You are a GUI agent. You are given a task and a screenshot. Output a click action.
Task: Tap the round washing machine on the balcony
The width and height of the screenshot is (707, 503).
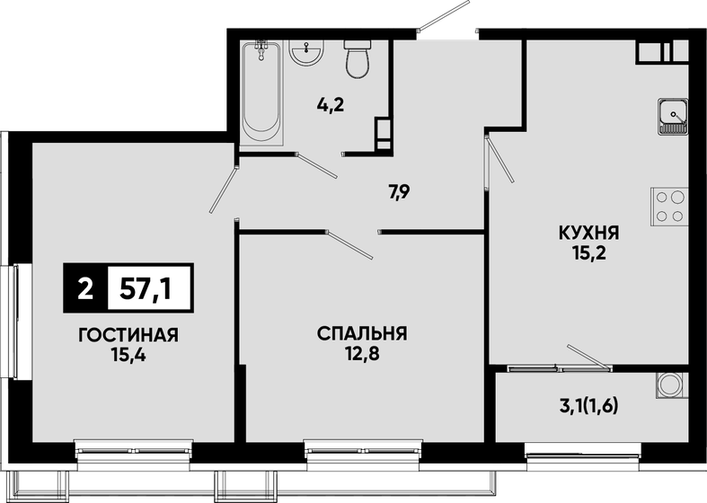click(668, 385)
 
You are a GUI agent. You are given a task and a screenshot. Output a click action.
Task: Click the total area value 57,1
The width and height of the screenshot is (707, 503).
click(149, 288)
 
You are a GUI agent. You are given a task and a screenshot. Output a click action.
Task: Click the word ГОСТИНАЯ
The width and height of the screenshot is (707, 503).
click(128, 335)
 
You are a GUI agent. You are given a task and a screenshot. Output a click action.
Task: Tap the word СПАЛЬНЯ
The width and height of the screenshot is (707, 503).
click(362, 334)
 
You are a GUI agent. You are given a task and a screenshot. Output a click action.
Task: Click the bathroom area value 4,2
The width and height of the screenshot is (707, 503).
click(331, 104)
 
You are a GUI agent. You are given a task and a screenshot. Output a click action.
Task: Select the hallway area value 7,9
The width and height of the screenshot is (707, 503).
click(400, 191)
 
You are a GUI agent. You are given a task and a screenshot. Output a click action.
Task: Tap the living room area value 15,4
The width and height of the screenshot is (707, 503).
click(128, 354)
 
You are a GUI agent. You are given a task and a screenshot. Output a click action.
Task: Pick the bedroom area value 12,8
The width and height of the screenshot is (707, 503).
click(362, 353)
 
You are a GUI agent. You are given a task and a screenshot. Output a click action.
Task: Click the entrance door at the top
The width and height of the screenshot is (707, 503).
click(447, 27)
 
